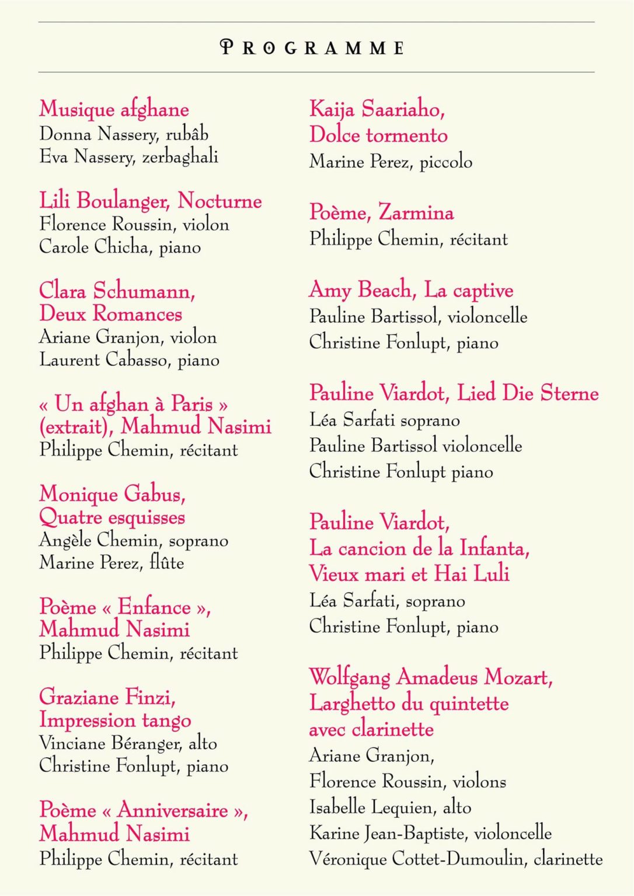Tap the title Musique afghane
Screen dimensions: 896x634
pyautogui.click(x=114, y=110)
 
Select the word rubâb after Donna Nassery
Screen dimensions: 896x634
pyautogui.click(x=187, y=134)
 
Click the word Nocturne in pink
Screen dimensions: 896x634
pyautogui.click(x=220, y=201)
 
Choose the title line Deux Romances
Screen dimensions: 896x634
pyautogui.click(x=111, y=314)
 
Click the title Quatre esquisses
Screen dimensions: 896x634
pyautogui.click(x=112, y=517)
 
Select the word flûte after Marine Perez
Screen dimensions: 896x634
pyautogui.click(x=167, y=563)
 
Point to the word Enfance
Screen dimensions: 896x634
pyautogui.click(x=154, y=607)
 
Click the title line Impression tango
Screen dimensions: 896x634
pyautogui.click(x=115, y=720)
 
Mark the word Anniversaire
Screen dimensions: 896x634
pyautogui.click(x=173, y=810)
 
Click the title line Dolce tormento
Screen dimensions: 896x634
pyautogui.click(x=378, y=135)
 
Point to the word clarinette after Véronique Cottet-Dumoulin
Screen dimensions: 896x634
pyautogui.click(x=568, y=859)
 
